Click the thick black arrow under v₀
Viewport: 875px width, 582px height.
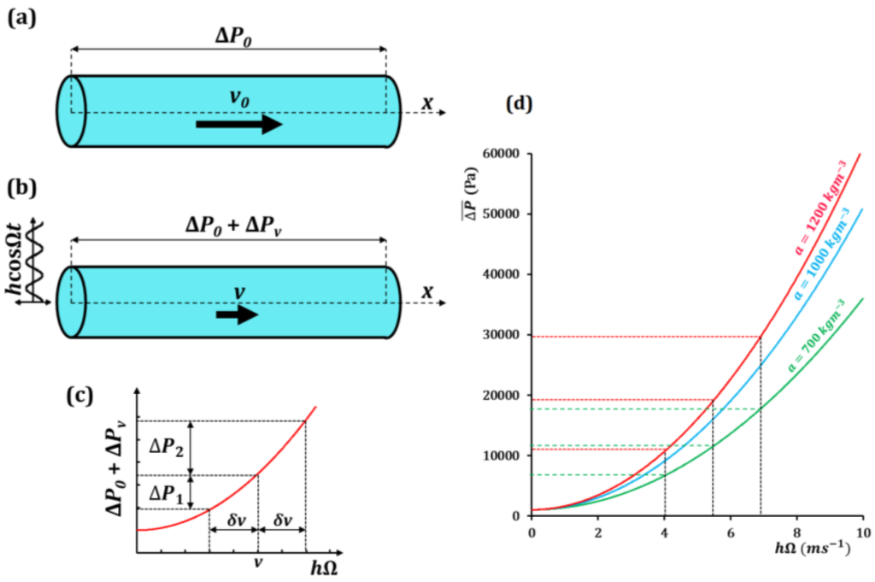pos(239,125)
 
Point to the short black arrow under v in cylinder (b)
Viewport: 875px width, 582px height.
pos(237,315)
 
